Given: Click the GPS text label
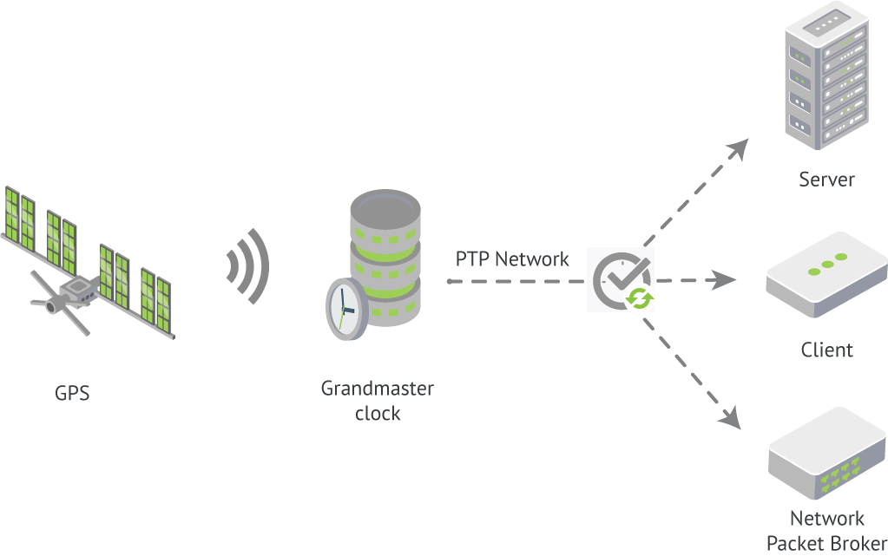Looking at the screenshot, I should point(72,394).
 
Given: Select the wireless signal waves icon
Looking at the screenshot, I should point(247,266).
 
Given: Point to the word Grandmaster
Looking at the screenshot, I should point(377,388).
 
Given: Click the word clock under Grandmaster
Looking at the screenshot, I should point(378,414).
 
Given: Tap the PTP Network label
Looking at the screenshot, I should point(512,258).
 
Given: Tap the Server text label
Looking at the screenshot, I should point(826,180).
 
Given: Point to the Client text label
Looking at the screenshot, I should point(826,350).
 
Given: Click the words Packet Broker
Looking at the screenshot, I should point(826,544).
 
